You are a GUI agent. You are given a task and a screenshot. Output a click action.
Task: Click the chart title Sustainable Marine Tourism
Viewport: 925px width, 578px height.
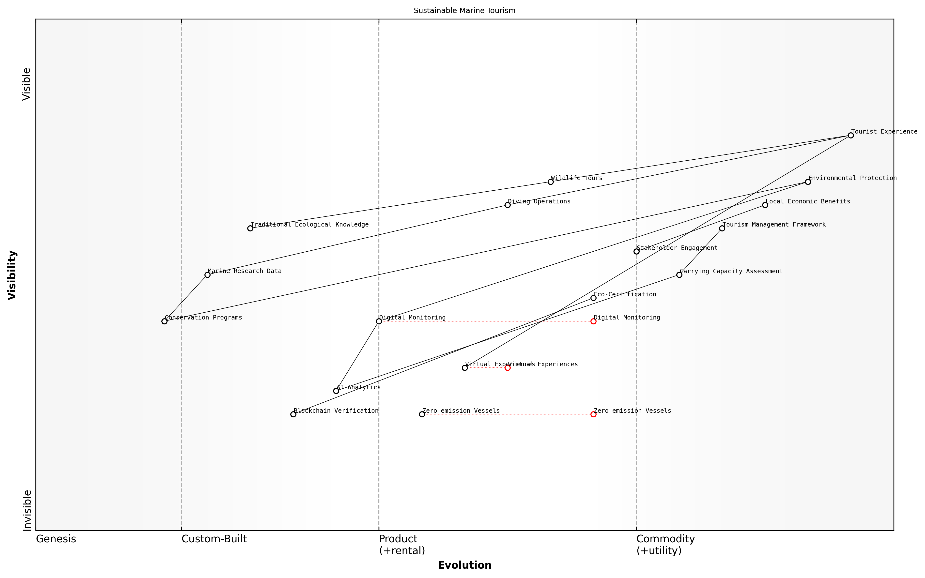tap(464, 11)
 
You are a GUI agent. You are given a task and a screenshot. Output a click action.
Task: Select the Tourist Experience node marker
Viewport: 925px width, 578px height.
tap(850, 135)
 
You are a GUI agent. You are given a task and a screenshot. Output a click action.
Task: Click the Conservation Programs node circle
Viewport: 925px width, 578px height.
tap(164, 321)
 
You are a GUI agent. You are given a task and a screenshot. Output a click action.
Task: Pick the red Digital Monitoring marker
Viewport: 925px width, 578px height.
tap(593, 321)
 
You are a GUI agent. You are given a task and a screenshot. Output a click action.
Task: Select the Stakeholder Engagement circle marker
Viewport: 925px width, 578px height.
tap(636, 252)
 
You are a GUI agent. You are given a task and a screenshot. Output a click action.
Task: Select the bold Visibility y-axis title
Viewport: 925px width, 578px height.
tap(12, 275)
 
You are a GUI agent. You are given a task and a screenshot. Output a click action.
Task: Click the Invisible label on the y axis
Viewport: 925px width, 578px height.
tap(27, 510)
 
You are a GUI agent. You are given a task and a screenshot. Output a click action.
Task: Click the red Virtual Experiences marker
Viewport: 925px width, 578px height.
tap(508, 368)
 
